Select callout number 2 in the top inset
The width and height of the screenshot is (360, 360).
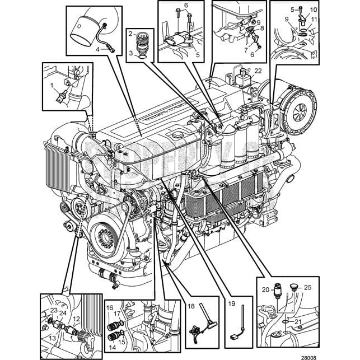129,34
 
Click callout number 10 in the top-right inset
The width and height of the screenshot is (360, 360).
314,10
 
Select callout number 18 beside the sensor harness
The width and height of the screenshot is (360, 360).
191,307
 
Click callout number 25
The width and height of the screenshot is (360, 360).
307,288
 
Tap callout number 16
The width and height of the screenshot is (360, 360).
110,308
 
